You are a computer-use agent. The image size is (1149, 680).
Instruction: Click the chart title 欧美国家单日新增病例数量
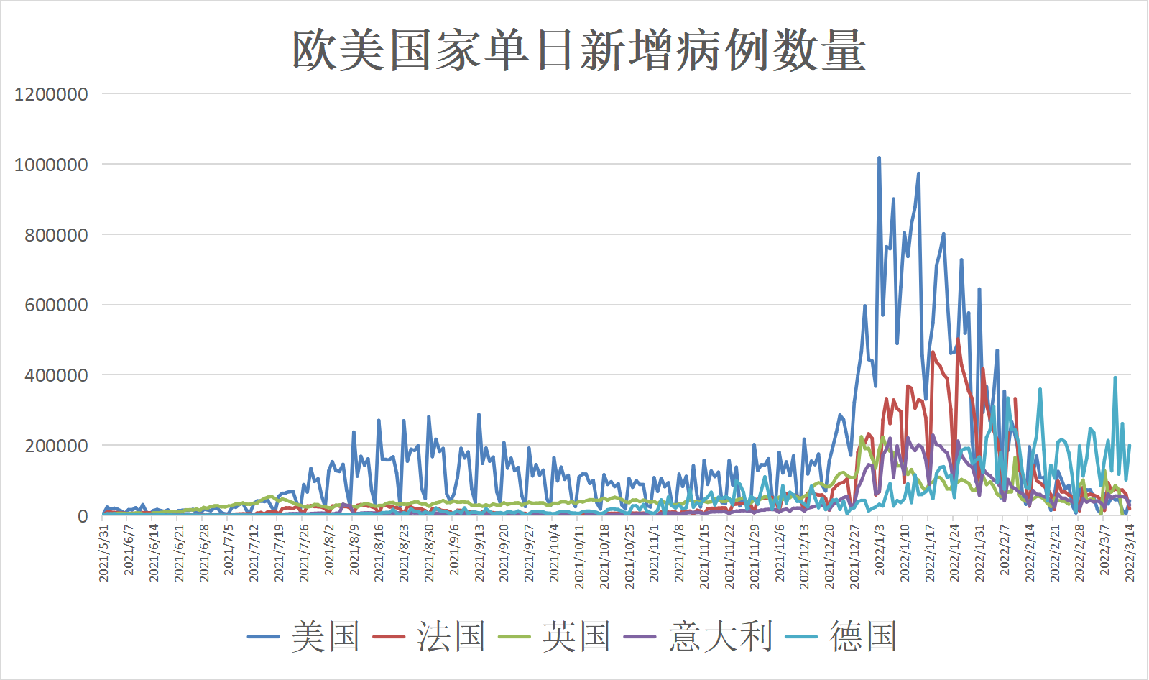tap(578, 50)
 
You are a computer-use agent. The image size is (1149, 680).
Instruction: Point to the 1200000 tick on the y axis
tap(51, 94)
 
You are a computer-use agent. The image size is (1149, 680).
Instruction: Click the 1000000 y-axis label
tap(51, 165)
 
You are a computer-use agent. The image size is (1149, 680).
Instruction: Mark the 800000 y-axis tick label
tap(56, 235)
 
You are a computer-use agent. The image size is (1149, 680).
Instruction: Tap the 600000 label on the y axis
tap(56, 305)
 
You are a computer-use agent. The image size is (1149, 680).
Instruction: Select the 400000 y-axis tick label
tap(56, 375)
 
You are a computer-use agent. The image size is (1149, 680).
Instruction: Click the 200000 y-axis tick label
tap(56, 446)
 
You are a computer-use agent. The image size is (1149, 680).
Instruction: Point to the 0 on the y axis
tap(83, 516)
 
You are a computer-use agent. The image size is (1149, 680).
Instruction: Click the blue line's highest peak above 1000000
tap(879, 157)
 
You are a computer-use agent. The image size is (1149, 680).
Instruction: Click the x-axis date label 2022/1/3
tap(880, 549)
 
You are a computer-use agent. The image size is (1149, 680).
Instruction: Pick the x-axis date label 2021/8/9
tap(354, 549)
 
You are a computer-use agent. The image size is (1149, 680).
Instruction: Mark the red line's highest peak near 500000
tap(958, 339)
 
